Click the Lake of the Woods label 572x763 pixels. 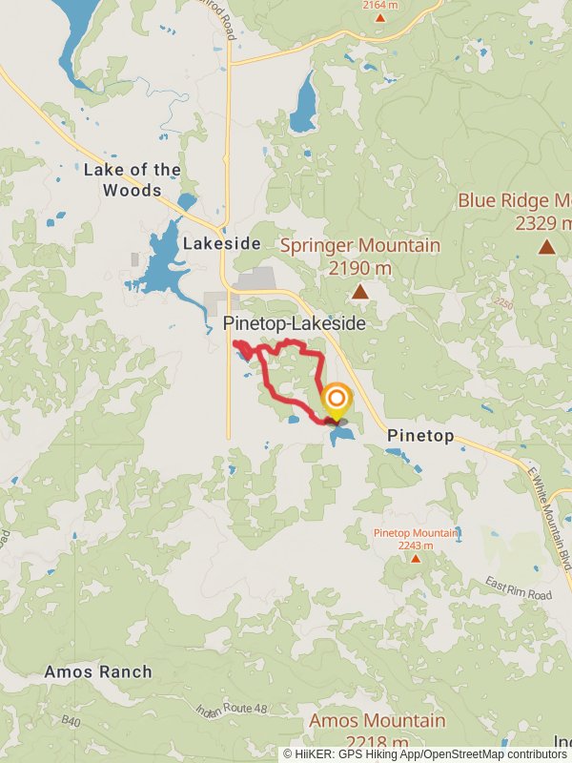(132, 179)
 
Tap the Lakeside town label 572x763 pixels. (221, 243)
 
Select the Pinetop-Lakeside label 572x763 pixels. (294, 324)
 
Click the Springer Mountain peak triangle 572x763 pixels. (360, 292)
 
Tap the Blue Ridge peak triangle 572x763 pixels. (546, 247)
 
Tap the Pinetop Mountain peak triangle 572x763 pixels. (415, 558)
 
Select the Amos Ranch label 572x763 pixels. (97, 671)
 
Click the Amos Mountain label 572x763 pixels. (377, 721)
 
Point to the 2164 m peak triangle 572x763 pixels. (380, 17)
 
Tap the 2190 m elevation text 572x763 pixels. (360, 268)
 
